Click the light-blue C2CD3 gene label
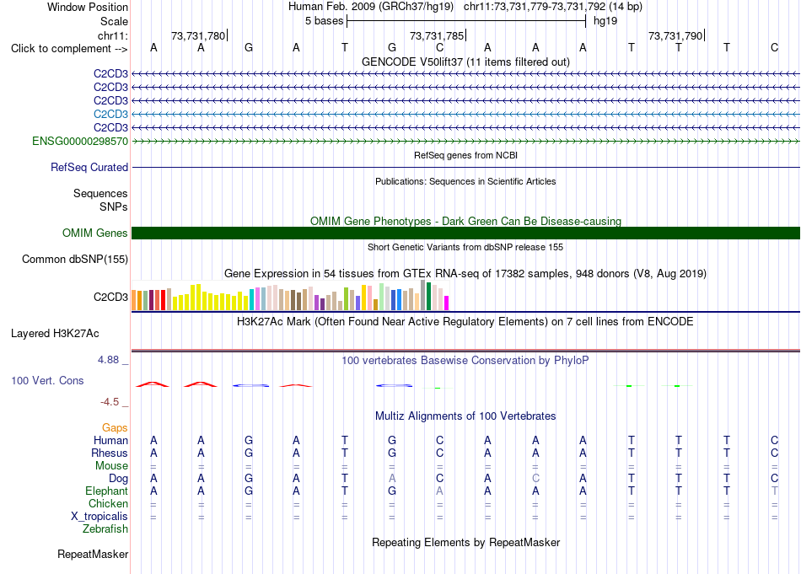(x=110, y=114)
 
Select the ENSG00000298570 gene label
(x=80, y=141)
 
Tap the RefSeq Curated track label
(x=89, y=167)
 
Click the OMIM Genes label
(x=94, y=233)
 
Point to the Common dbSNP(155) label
(x=74, y=260)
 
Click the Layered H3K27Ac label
(x=55, y=334)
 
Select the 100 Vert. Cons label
(x=47, y=380)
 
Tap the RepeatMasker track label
(x=93, y=554)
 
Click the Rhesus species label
(x=110, y=453)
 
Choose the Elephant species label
(x=106, y=491)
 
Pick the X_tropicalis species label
(x=99, y=517)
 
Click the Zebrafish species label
(x=105, y=529)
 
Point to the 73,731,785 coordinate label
(x=437, y=35)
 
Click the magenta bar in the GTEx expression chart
(x=446, y=303)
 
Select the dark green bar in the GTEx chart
(x=428, y=296)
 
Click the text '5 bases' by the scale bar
(x=325, y=21)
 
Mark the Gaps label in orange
(x=115, y=427)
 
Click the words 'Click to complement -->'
(x=69, y=49)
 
